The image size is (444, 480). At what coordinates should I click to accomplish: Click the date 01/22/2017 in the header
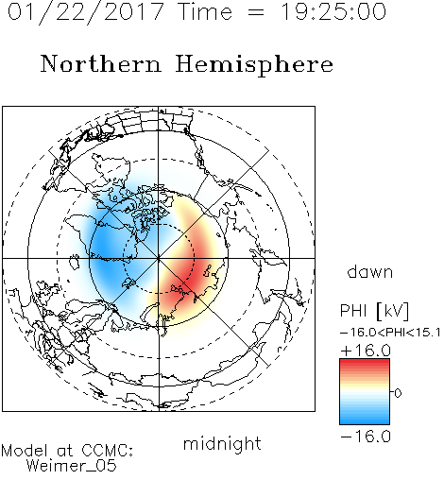click(86, 12)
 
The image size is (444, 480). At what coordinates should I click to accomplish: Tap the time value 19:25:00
click(333, 12)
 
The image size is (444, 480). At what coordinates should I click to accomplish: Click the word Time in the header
click(205, 12)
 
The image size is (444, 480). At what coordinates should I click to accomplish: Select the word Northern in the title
click(101, 63)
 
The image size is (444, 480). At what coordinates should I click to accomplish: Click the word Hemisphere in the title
click(254, 65)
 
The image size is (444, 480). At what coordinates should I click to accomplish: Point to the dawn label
click(370, 271)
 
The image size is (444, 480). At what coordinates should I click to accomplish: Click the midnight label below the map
click(222, 443)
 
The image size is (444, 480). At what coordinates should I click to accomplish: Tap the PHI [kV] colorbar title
click(374, 311)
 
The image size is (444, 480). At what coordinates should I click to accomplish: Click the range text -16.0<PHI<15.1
click(390, 333)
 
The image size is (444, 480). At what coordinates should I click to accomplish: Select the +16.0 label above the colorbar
click(366, 351)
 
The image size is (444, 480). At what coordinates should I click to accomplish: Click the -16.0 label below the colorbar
click(366, 437)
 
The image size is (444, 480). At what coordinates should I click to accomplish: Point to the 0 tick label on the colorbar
click(398, 393)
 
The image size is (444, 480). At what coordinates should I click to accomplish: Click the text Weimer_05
click(72, 465)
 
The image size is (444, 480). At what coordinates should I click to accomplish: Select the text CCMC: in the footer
click(108, 451)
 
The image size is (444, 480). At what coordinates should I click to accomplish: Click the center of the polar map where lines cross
click(159, 258)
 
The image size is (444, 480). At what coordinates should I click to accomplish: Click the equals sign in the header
click(256, 12)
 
